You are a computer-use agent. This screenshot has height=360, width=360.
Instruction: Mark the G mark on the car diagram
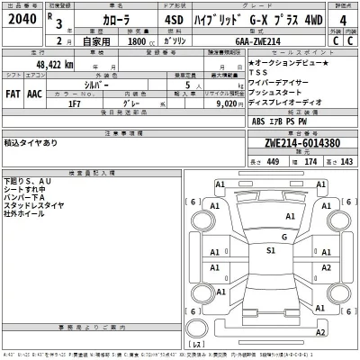[x=283, y=237]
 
